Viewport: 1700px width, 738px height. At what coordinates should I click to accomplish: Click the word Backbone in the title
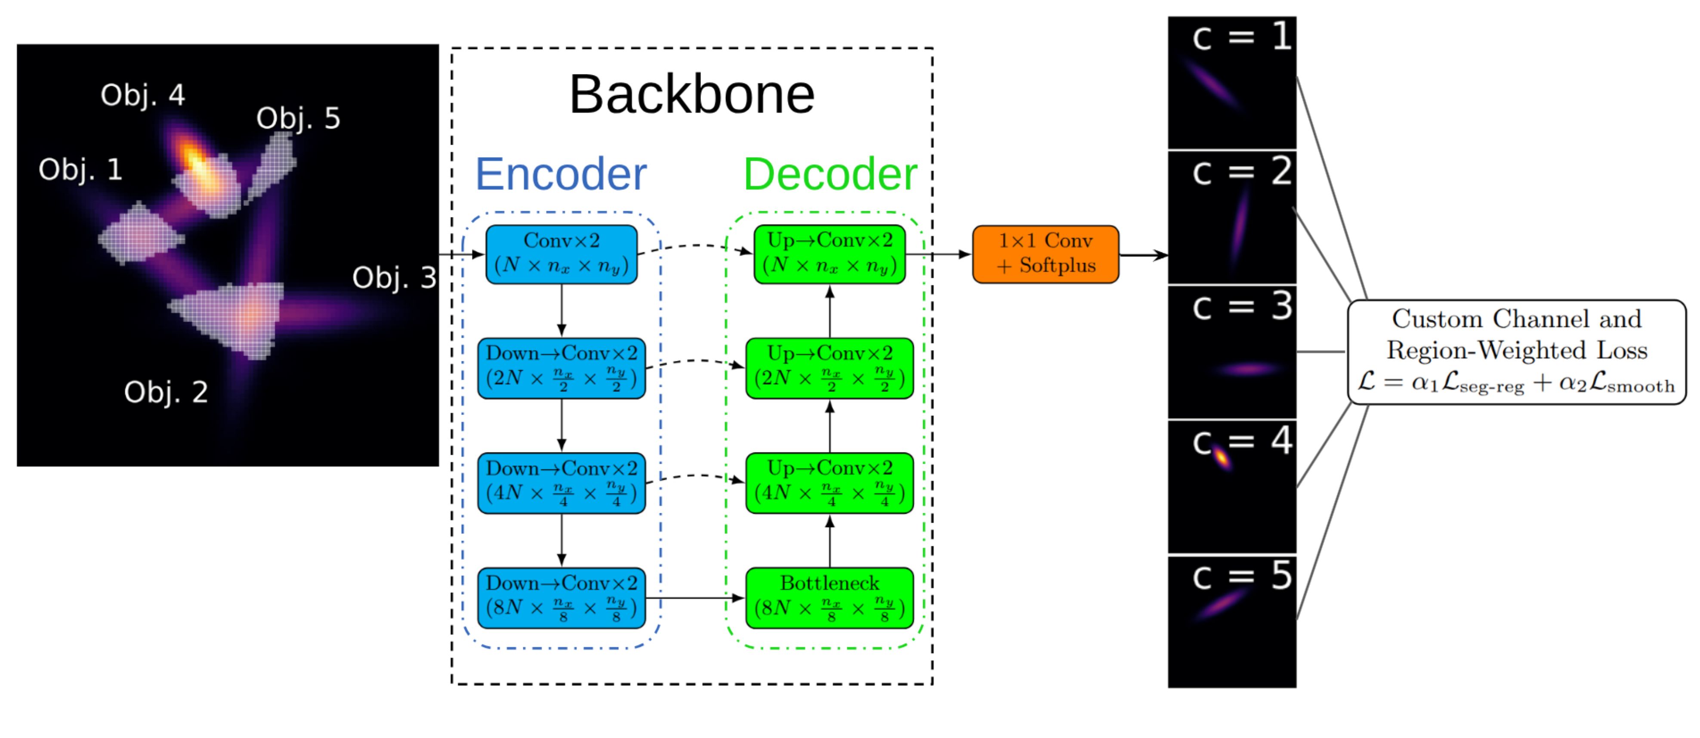pyautogui.click(x=691, y=94)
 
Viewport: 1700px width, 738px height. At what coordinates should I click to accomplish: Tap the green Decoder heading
pyautogui.click(x=830, y=174)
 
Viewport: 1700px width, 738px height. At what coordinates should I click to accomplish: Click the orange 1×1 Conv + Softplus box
pyautogui.click(x=1045, y=254)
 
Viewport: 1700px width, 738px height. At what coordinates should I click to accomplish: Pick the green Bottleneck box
pyautogui.click(x=830, y=597)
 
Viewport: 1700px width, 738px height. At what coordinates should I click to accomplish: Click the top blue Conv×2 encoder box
pyautogui.click(x=562, y=254)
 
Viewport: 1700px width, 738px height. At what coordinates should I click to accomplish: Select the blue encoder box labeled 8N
pyautogui.click(x=562, y=597)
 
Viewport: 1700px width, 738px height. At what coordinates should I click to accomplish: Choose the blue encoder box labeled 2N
pyautogui.click(x=562, y=368)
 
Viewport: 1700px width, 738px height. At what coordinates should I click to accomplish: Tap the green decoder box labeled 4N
pyautogui.click(x=830, y=483)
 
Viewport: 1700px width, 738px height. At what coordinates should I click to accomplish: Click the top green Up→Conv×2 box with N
pyautogui.click(x=830, y=254)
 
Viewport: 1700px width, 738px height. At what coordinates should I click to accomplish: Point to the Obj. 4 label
pyautogui.click(x=142, y=96)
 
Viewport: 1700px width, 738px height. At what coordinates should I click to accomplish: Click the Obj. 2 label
pyautogui.click(x=166, y=392)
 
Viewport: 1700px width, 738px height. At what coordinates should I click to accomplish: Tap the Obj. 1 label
pyautogui.click(x=80, y=170)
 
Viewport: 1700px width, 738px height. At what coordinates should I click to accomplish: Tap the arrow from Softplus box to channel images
pyautogui.click(x=1143, y=255)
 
